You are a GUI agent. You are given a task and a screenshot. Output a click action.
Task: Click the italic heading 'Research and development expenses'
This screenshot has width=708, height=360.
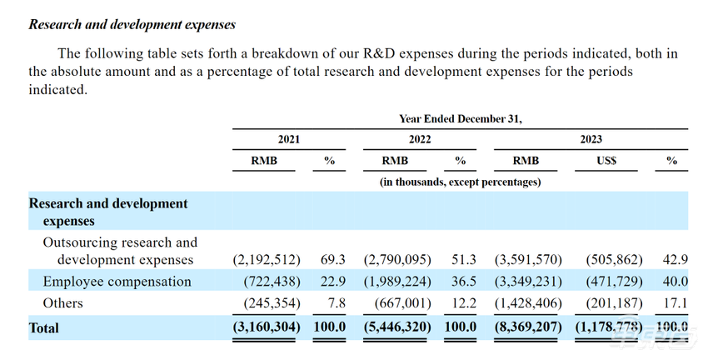click(132, 25)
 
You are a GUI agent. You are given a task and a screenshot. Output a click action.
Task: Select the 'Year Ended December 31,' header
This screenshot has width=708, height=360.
click(460, 118)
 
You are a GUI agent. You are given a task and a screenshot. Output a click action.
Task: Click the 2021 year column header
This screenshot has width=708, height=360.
click(289, 139)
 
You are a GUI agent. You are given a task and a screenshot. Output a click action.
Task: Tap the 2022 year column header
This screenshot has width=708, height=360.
click(420, 139)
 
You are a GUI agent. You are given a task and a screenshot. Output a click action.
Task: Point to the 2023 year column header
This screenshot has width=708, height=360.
click(591, 139)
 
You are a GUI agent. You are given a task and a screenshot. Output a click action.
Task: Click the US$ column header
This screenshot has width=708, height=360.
click(606, 161)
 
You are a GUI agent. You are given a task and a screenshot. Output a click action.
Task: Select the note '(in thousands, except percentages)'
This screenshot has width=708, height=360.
click(461, 181)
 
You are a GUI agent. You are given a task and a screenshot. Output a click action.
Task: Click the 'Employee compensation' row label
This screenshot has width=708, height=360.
click(117, 282)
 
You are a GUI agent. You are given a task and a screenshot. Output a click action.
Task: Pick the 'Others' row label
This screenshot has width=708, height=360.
click(63, 303)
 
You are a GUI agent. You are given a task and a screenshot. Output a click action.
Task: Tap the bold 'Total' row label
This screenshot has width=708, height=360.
click(44, 328)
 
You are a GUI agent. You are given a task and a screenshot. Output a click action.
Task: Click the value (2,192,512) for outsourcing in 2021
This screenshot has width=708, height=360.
click(267, 260)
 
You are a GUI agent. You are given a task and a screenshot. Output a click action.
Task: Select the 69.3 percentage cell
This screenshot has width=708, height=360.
click(333, 260)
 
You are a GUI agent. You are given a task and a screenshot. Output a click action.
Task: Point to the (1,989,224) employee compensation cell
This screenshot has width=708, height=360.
click(397, 282)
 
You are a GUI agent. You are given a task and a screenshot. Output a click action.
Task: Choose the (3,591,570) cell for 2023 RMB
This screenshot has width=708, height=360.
click(528, 260)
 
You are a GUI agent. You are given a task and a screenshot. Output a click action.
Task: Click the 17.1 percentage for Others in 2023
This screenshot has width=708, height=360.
click(672, 303)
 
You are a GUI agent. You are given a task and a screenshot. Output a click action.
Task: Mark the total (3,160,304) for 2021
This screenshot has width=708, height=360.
click(267, 327)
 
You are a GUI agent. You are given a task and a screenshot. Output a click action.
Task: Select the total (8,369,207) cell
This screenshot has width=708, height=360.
click(528, 327)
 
